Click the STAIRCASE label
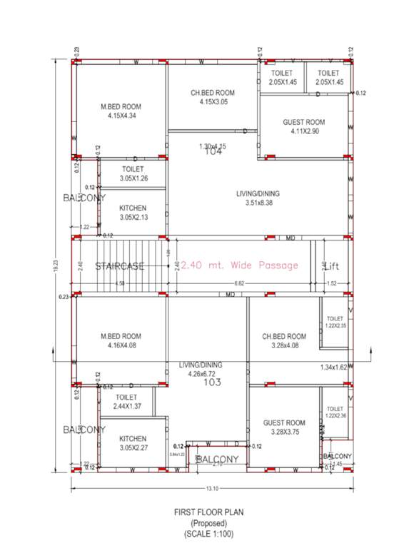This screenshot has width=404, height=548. pos(120,266)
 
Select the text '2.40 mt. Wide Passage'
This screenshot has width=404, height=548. pos(239,265)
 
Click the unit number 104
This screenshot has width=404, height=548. pos(213,152)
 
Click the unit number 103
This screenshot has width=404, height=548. pos(212,382)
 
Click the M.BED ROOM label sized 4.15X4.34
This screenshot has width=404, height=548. pos(121,107)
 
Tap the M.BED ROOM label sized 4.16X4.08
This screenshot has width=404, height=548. pos(121,336)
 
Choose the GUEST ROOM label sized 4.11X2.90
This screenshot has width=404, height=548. pos(304,122)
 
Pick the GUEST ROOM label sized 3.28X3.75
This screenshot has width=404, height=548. pos(283,422)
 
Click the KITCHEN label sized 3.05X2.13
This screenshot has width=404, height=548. pos(133,208)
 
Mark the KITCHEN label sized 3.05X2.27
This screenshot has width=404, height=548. pos(133,439)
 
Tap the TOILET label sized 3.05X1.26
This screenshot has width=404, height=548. pos(133,169)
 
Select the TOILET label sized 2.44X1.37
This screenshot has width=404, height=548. pos(126,397)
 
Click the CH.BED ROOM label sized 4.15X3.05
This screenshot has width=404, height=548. pos(213,93)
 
